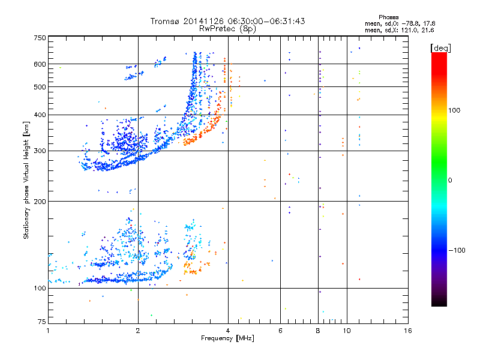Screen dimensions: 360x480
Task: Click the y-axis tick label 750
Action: [x=40, y=38]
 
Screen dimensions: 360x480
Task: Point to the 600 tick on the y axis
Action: [x=40, y=64]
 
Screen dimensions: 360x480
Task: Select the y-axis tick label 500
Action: [x=40, y=87]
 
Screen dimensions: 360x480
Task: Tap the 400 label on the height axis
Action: [x=40, y=115]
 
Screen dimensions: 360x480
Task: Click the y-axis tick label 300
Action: [x=40, y=151]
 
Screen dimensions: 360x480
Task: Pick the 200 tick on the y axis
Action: [x=40, y=201]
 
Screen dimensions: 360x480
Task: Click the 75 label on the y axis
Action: [x=41, y=322]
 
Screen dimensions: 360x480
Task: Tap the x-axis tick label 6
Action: [x=280, y=331]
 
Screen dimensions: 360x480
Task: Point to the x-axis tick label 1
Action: [x=48, y=331]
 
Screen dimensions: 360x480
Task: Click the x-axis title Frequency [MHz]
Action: [x=227, y=338]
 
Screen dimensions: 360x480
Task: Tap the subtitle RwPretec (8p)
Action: [x=228, y=28]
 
